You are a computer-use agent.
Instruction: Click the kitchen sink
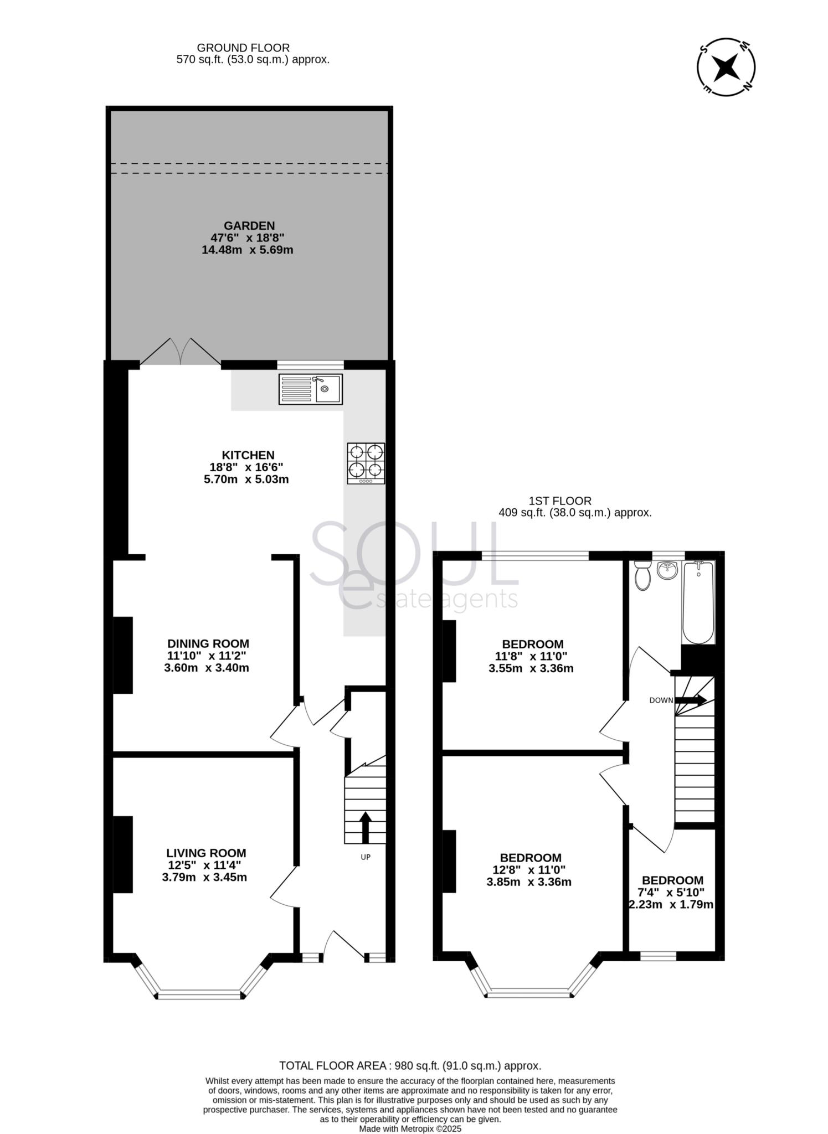pyautogui.click(x=310, y=389)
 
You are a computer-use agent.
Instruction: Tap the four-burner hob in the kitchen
pyautogui.click(x=366, y=463)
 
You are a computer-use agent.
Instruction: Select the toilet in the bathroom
pyautogui.click(x=642, y=575)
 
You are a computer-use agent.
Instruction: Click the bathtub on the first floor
pyautogui.click(x=698, y=602)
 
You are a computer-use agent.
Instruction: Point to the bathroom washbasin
pyautogui.click(x=668, y=570)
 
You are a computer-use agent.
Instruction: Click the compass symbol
pyautogui.click(x=726, y=68)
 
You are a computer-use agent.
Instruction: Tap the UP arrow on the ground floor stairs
pyautogui.click(x=366, y=827)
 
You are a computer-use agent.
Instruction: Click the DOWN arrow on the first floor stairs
pyautogui.click(x=690, y=700)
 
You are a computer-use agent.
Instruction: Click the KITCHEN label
pyautogui.click(x=248, y=455)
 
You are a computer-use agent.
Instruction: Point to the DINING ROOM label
pyautogui.click(x=208, y=643)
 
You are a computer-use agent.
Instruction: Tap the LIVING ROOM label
pyautogui.click(x=206, y=853)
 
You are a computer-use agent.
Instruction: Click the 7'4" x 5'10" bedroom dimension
pyautogui.click(x=671, y=893)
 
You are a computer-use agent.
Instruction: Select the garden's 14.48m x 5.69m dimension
pyautogui.click(x=247, y=250)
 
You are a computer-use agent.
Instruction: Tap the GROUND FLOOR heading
pyautogui.click(x=243, y=48)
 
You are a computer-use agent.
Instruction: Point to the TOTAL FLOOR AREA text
pyautogui.click(x=410, y=1065)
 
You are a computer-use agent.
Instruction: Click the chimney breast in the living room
pyautogui.click(x=123, y=854)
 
